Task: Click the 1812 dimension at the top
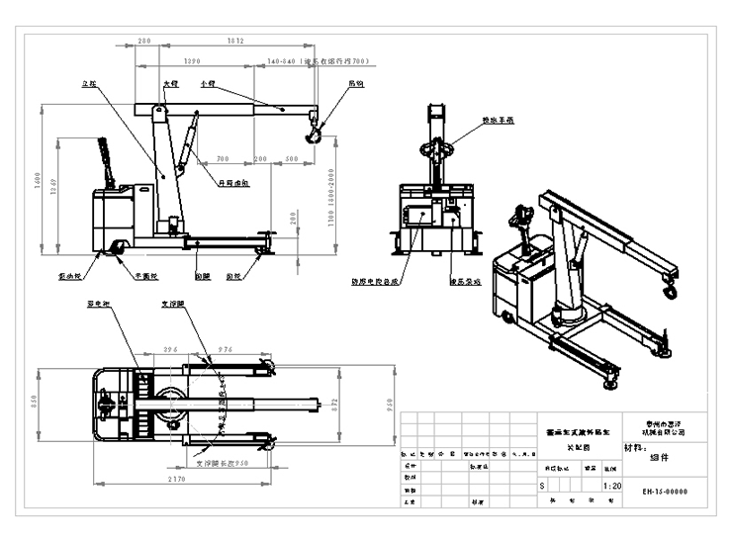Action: (x=235, y=42)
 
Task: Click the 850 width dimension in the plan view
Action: (x=33, y=404)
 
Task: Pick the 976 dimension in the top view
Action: (x=225, y=350)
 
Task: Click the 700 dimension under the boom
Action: (x=223, y=158)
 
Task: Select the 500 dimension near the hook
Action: (x=291, y=158)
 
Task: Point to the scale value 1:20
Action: (x=613, y=487)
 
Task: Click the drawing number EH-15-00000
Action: (x=664, y=491)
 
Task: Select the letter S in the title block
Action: (x=541, y=487)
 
